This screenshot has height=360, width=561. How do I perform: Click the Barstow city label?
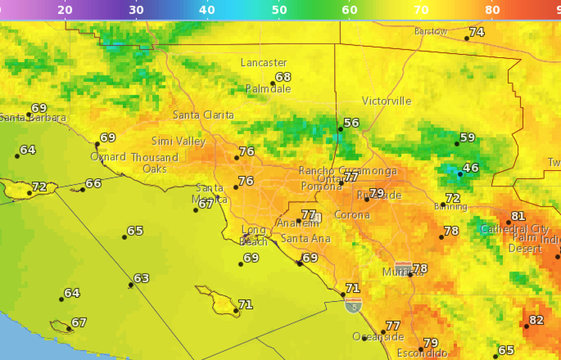(x=431, y=31)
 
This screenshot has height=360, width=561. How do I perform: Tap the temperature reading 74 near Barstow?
(x=476, y=32)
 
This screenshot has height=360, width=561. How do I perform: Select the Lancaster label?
(x=264, y=63)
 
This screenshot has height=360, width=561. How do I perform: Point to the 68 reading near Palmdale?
(x=283, y=77)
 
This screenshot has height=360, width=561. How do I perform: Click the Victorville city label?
(x=387, y=101)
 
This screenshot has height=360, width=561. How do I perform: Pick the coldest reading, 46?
(x=470, y=167)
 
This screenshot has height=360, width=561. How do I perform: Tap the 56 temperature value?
(x=351, y=123)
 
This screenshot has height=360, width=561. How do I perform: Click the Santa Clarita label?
(x=203, y=115)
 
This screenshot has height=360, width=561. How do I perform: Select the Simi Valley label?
(x=178, y=141)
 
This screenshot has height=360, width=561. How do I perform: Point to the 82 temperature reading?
(x=536, y=320)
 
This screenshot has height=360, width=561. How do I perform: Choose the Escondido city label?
(x=422, y=353)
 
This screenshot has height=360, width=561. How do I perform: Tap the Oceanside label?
(x=378, y=337)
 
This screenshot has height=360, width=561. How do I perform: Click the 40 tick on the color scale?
(x=207, y=10)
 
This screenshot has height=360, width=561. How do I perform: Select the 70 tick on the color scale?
(x=421, y=10)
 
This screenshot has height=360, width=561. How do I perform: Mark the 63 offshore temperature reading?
(x=141, y=278)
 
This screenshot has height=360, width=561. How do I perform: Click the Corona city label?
(x=352, y=215)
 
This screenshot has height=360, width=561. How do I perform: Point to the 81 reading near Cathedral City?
(x=518, y=216)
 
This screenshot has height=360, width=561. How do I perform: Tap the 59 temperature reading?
(x=467, y=137)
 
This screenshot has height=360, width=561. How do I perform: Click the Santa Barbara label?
(x=33, y=118)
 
